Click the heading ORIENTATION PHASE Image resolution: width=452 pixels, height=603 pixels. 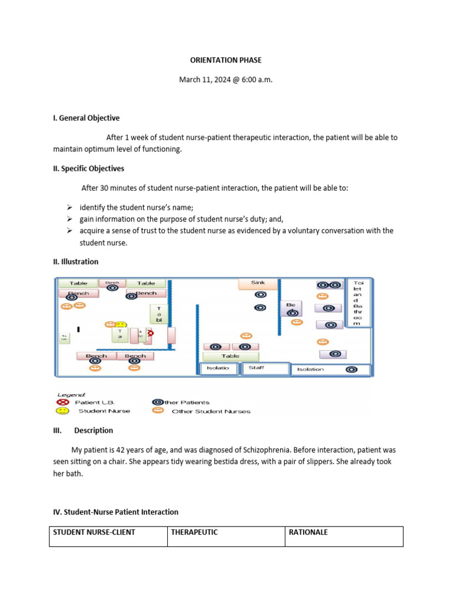[x=225, y=60]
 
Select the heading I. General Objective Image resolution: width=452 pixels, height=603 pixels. [x=86, y=118]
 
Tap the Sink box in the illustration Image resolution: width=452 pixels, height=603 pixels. [x=258, y=283]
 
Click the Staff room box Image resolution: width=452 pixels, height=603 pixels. [x=265, y=369]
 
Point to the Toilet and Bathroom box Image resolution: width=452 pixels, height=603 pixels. [x=358, y=302]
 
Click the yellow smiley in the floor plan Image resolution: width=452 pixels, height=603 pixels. [x=120, y=324]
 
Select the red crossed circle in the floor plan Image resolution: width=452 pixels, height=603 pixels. [x=150, y=333]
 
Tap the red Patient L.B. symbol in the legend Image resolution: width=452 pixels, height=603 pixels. [x=62, y=402]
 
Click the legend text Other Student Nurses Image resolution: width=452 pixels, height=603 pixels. [x=211, y=411]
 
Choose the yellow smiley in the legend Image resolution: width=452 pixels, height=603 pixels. [x=62, y=410]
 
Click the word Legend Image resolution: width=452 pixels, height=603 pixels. [x=71, y=394]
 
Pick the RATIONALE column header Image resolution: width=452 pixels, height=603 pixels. [x=308, y=532]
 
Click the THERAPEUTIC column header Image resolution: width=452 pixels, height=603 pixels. [x=194, y=532]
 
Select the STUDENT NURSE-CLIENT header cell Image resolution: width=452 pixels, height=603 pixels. [x=94, y=532]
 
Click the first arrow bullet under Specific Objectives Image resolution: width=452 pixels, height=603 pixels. [x=69, y=207]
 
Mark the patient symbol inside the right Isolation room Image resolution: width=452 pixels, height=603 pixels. [x=351, y=369]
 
